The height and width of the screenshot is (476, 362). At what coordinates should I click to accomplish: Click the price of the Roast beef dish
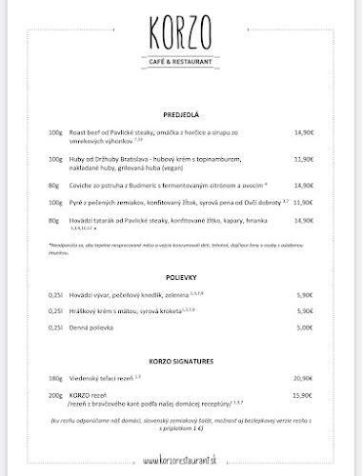pos(304,133)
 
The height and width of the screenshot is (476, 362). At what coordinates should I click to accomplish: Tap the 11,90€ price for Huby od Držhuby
pos(304,159)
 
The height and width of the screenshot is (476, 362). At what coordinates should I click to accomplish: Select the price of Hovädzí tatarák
pos(304,221)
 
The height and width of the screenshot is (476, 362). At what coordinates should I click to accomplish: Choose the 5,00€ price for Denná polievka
pos(304,327)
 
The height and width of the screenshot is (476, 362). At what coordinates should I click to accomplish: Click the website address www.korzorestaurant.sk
pos(180,462)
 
